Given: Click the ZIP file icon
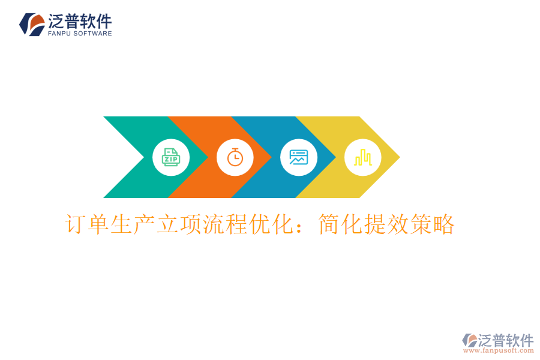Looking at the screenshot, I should click(x=171, y=157).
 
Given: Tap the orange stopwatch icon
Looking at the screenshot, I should click(x=235, y=157).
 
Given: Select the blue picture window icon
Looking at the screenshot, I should click(x=299, y=157).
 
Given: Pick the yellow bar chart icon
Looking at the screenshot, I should click(x=362, y=157).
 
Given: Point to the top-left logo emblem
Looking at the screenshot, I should click(x=32, y=24).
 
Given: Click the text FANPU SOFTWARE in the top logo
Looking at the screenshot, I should click(x=80, y=34).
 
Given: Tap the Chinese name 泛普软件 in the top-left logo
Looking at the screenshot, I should click(x=80, y=22).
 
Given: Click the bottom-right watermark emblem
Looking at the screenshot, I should click(x=469, y=340).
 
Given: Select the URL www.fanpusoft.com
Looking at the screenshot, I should click(x=498, y=350).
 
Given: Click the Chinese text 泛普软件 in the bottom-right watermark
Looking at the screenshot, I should click(x=505, y=340).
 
